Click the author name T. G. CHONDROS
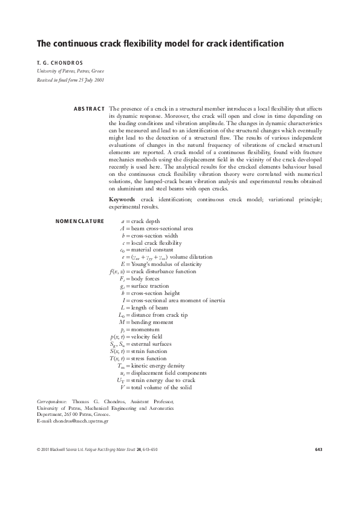pyautogui.click(x=56, y=62)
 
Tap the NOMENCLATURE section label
pyautogui.click(x=79, y=221)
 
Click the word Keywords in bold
pyautogui.click(x=122, y=199)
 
